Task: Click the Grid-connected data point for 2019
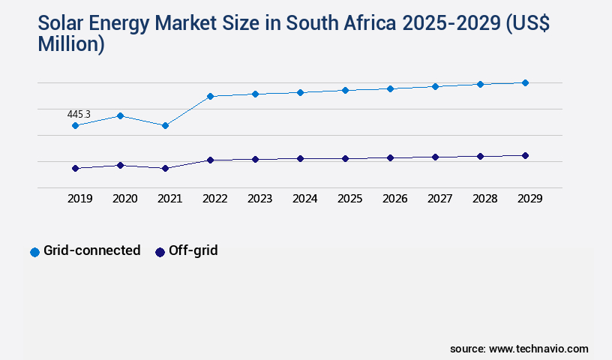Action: pyautogui.click(x=75, y=125)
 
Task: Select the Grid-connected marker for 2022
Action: pyautogui.click(x=210, y=96)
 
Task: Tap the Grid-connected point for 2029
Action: pyautogui.click(x=525, y=82)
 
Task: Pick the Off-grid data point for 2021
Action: pyautogui.click(x=165, y=168)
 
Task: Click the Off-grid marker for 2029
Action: pyautogui.click(x=525, y=155)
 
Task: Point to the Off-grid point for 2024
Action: pyautogui.click(x=300, y=158)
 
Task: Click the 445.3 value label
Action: pyautogui.click(x=79, y=114)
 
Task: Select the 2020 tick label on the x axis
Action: pyautogui.click(x=124, y=199)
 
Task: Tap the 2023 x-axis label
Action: pyautogui.click(x=259, y=199)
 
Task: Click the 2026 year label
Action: pyautogui.click(x=394, y=199)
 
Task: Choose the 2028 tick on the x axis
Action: pyautogui.click(x=484, y=199)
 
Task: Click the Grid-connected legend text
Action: pyautogui.click(x=91, y=250)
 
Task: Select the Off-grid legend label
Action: pyautogui.click(x=193, y=250)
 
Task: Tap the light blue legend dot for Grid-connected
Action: pyautogui.click(x=34, y=252)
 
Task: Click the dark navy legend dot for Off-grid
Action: pyautogui.click(x=160, y=252)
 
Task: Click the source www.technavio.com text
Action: pyautogui.click(x=519, y=349)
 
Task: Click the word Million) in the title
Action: pyautogui.click(x=71, y=44)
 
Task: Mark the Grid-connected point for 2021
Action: pyautogui.click(x=165, y=125)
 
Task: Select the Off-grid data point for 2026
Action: pyautogui.click(x=390, y=157)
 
